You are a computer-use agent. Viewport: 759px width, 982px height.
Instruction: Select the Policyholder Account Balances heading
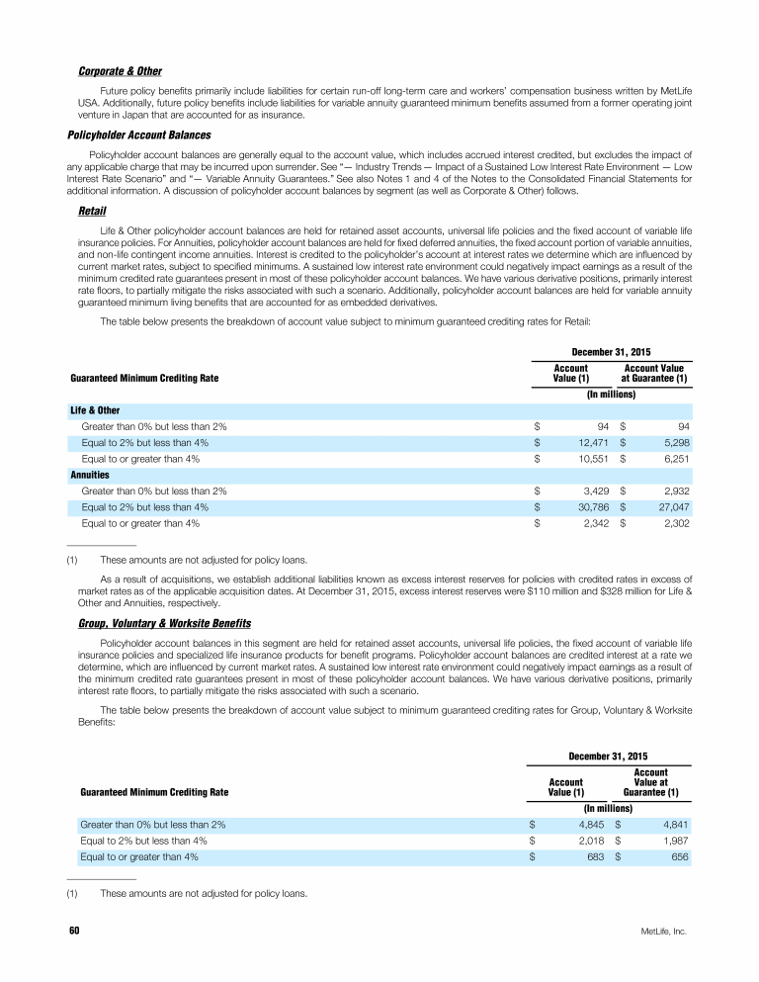138,134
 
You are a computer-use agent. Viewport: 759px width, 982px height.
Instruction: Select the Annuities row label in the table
89,475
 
